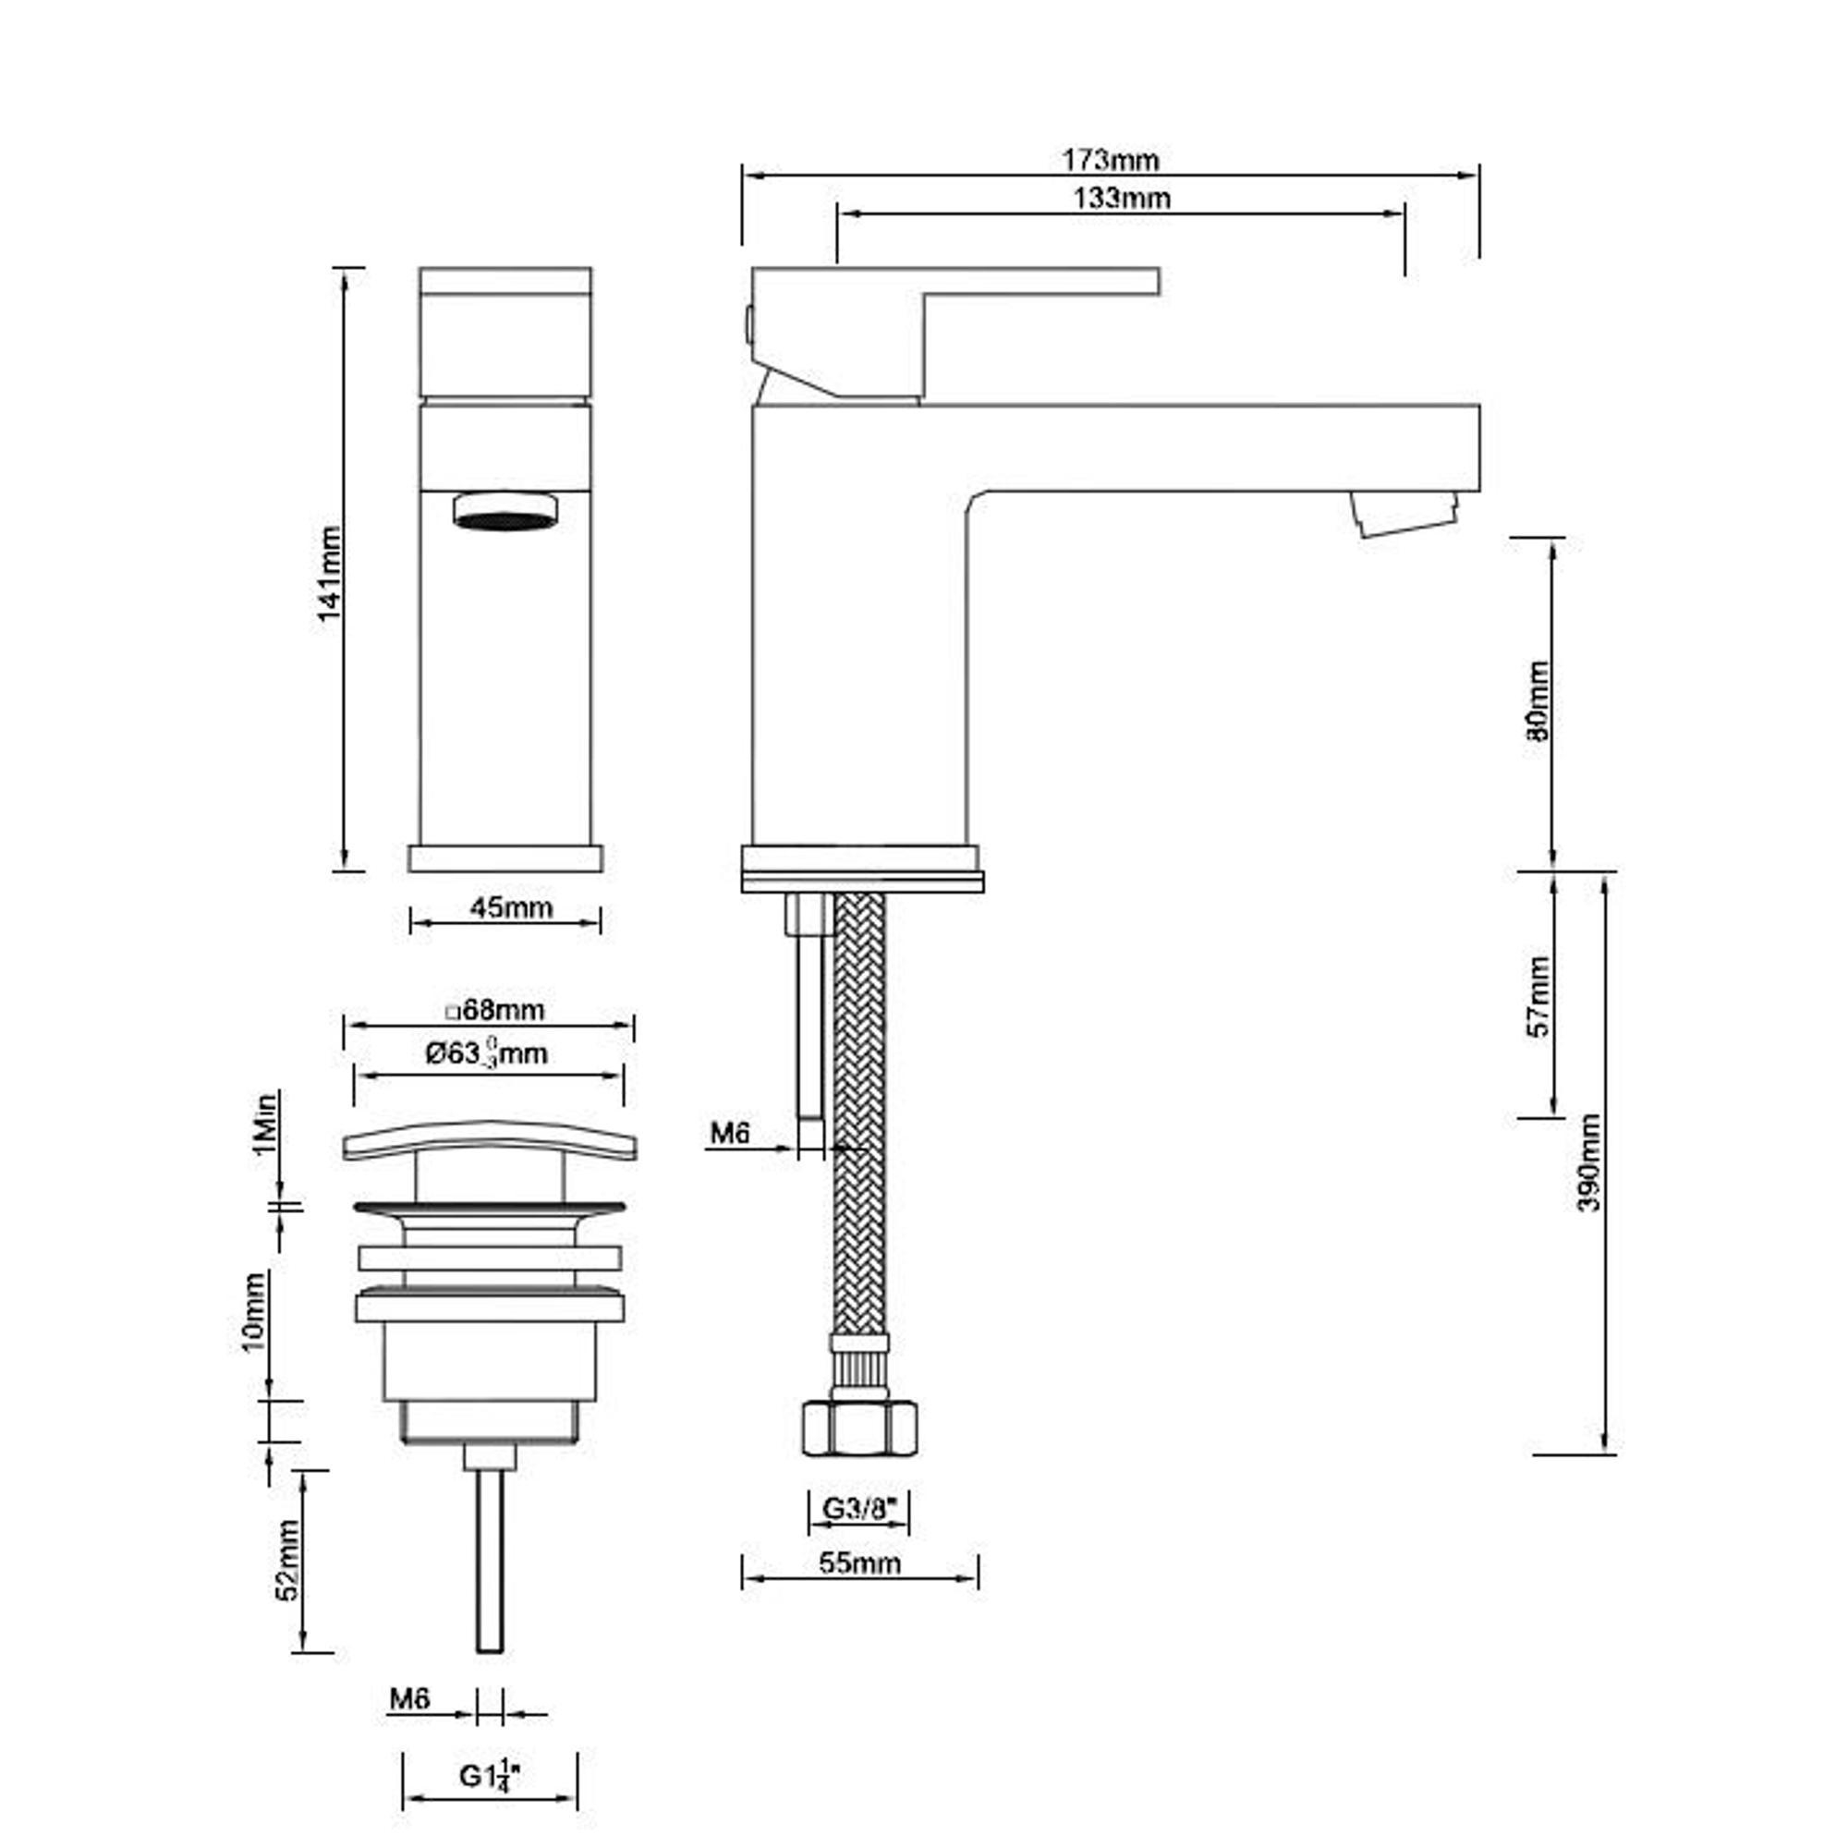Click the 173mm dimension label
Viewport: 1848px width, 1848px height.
pos(1110,159)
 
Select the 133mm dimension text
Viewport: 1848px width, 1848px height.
pos(1122,198)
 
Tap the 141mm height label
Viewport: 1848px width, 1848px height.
pos(330,573)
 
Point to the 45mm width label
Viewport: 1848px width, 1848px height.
pos(511,906)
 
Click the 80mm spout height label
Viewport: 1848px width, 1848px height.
pos(1538,701)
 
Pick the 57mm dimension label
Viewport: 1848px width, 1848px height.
pos(1538,996)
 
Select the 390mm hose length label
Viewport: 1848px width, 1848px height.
pos(1588,1162)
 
